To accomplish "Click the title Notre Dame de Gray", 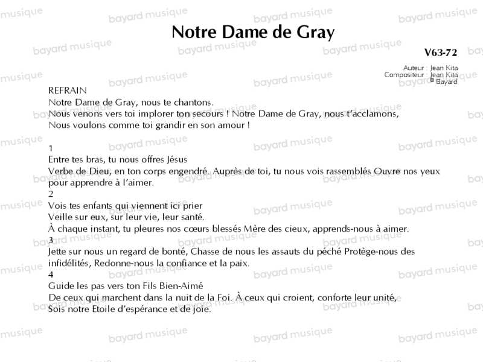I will (x=252, y=33).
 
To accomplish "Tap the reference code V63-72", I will (x=441, y=53).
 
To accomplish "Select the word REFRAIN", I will (x=68, y=91).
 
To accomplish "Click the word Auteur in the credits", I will (x=414, y=68).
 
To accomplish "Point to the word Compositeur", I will (x=404, y=75).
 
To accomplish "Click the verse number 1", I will (x=51, y=148).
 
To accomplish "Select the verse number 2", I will (x=51, y=194).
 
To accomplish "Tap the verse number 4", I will (x=51, y=275).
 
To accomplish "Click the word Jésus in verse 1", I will (x=176, y=160).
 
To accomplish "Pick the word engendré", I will (x=188, y=171).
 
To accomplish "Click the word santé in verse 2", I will (x=193, y=217).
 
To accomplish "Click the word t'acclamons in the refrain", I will (x=372, y=113).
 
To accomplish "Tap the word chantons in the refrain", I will (x=194, y=102).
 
